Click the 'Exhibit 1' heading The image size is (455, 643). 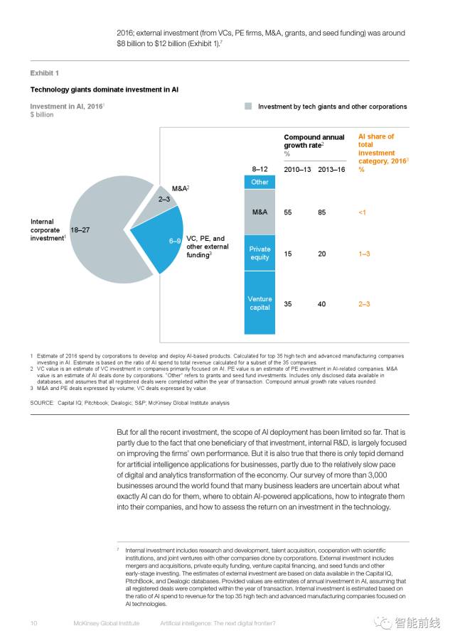point(44,73)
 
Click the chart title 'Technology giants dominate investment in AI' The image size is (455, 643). point(104,90)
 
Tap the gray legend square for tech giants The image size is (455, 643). point(248,106)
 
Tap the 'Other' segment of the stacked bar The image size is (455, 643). point(259,182)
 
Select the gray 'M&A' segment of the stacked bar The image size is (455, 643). point(259,212)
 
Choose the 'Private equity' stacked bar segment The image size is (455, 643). point(259,254)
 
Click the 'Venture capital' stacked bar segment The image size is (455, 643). point(259,304)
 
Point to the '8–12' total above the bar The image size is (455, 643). point(259,170)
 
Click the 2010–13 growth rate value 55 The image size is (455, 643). point(289,212)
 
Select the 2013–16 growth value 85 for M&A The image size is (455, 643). point(322,212)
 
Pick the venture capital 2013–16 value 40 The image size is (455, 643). point(322,304)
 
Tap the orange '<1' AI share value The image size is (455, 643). point(363,212)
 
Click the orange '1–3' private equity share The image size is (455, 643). point(364,254)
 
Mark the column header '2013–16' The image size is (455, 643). point(331,170)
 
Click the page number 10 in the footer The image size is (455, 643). point(33,622)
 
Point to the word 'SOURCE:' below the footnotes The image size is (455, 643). point(42,403)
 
